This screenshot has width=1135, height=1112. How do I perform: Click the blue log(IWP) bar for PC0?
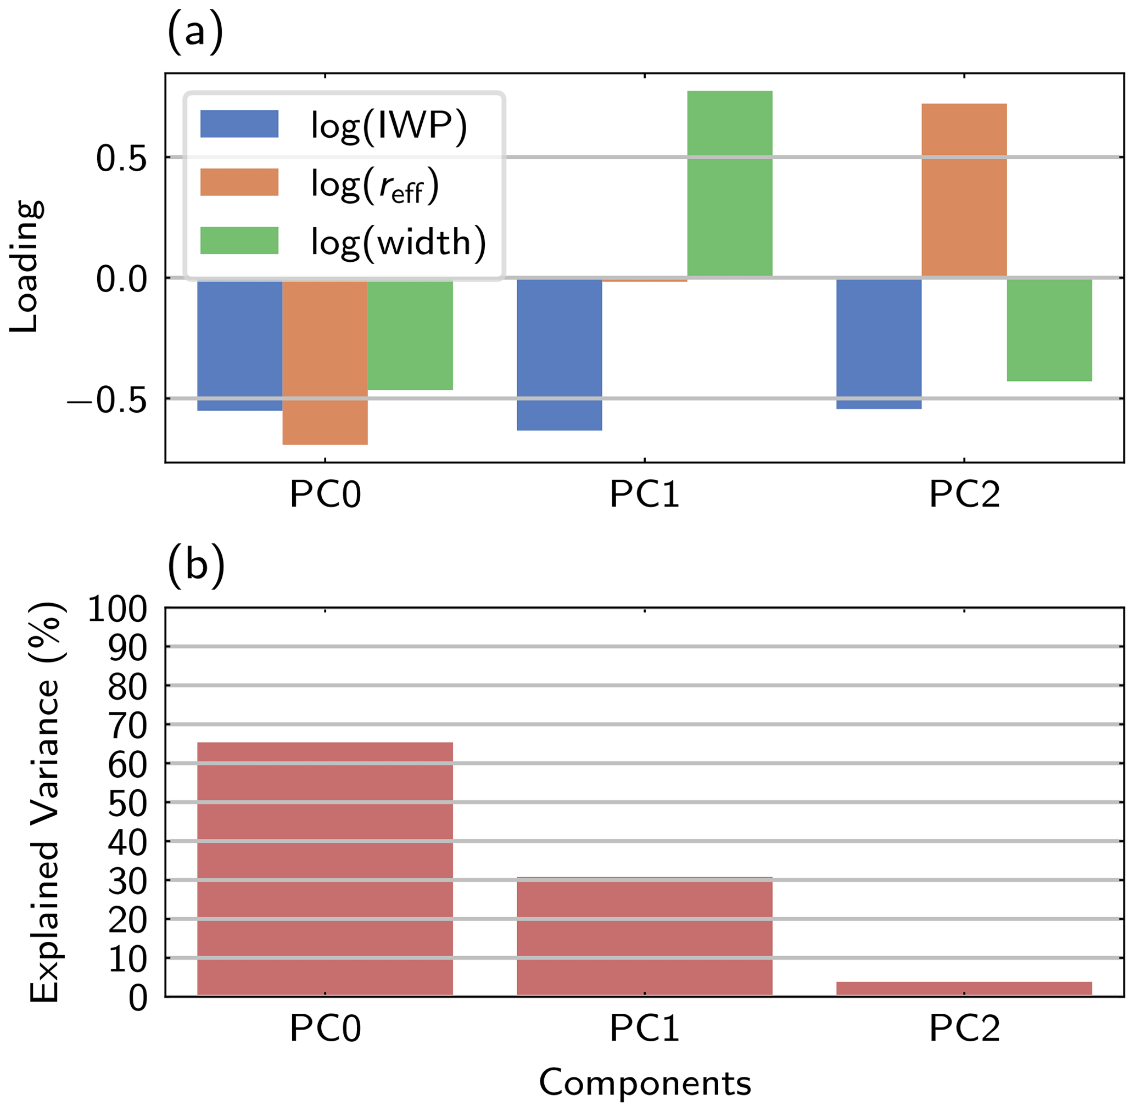pos(239,345)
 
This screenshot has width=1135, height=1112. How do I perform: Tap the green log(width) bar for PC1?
pos(730,183)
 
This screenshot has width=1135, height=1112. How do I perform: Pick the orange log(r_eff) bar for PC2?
pos(964,190)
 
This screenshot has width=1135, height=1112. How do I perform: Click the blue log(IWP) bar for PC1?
pos(559,354)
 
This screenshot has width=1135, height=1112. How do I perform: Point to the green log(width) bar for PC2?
pos(1049,329)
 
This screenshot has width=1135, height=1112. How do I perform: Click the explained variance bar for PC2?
pos(964,989)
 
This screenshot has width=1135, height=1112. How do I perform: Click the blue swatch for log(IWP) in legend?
pos(239,124)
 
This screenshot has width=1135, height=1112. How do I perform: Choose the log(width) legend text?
pos(399,242)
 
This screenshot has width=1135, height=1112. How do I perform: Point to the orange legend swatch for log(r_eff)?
pos(239,182)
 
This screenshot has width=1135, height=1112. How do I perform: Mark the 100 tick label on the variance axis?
pos(117,610)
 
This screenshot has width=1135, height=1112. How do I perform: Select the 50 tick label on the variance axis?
pos(127,804)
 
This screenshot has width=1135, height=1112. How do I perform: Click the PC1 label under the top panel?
pos(644,495)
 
